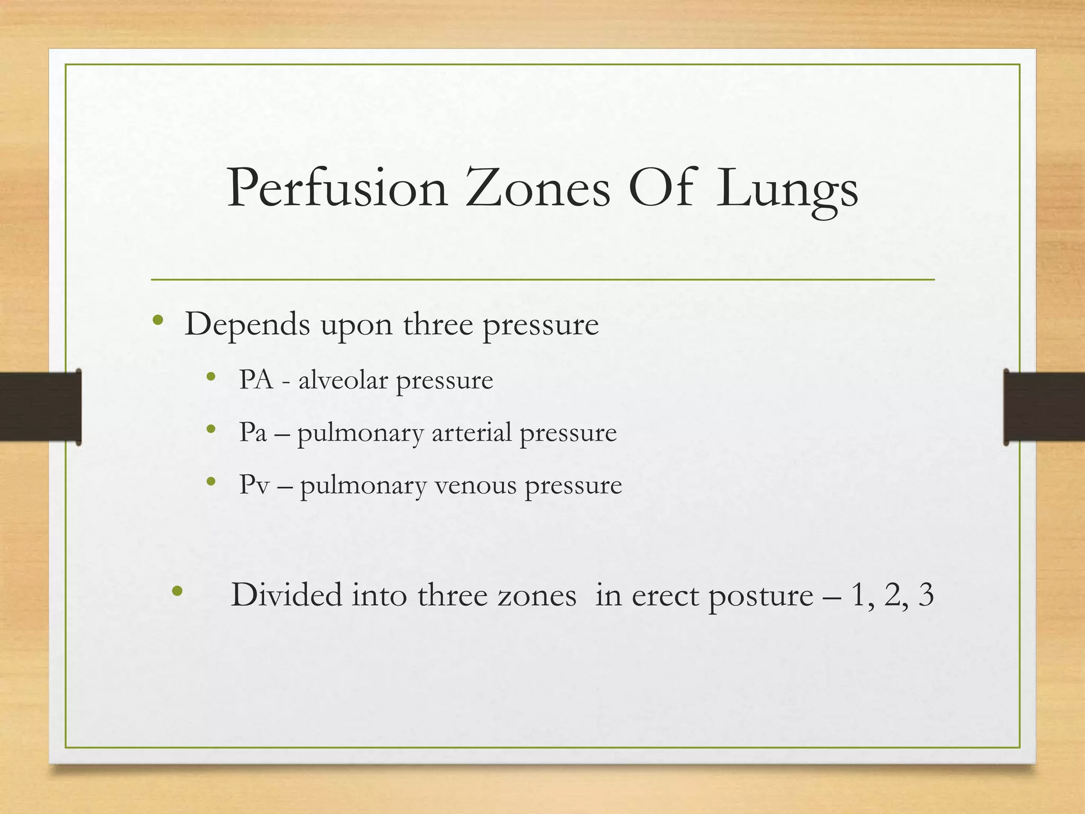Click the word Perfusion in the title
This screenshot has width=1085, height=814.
coord(337,189)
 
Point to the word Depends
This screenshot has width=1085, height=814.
coord(247,324)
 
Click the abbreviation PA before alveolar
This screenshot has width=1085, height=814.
coord(256,379)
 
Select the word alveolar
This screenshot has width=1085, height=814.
coord(343,379)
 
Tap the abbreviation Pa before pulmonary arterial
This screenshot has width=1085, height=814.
coord(253,432)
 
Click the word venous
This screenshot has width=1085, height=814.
coord(475,485)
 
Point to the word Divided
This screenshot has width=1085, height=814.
coord(286,595)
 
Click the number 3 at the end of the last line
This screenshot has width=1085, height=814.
coord(926,595)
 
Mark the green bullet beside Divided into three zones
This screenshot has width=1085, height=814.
coord(177,590)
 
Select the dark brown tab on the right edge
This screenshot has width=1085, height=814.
coord(1044,406)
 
